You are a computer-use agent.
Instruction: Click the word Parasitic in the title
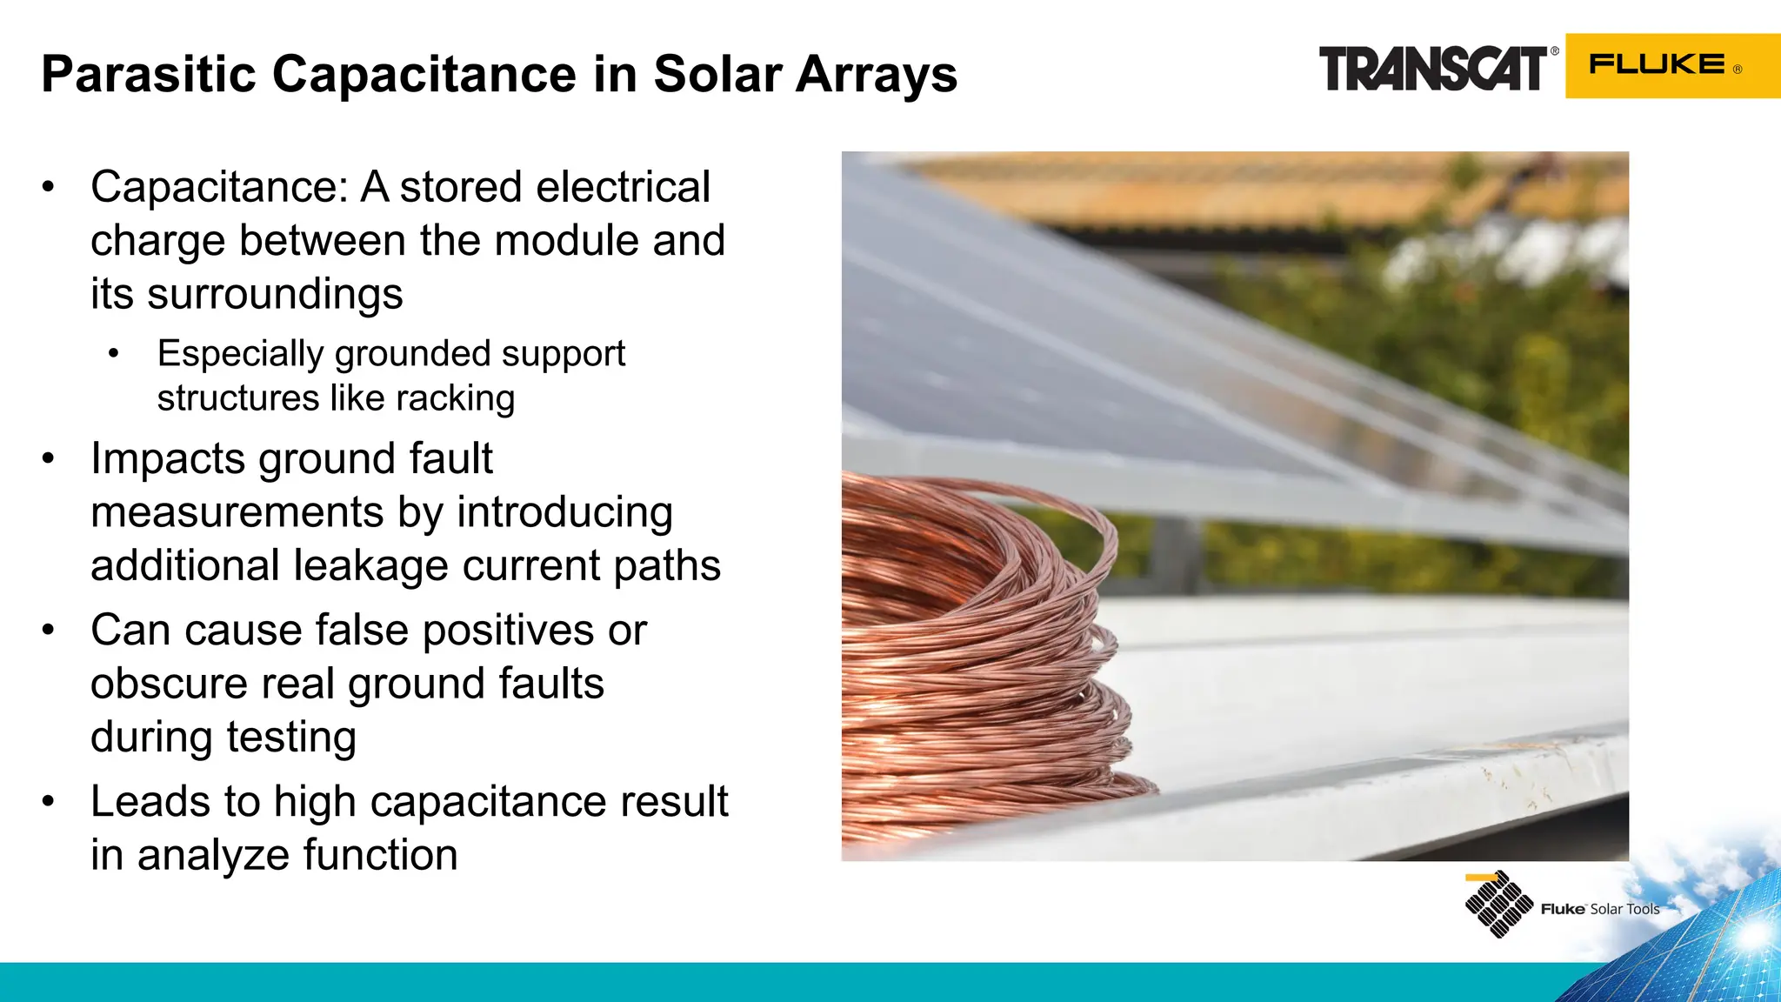pyautogui.click(x=149, y=74)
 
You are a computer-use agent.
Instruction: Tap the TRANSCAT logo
pyautogui.click(x=1432, y=69)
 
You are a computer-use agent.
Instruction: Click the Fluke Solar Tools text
pyautogui.click(x=1600, y=909)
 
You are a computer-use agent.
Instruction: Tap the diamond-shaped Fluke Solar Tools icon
pyautogui.click(x=1498, y=905)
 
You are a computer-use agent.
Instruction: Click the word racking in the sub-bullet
pyautogui.click(x=456, y=399)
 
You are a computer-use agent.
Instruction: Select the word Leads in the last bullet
pyautogui.click(x=147, y=802)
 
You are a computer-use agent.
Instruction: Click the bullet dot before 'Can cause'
pyautogui.click(x=49, y=630)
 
